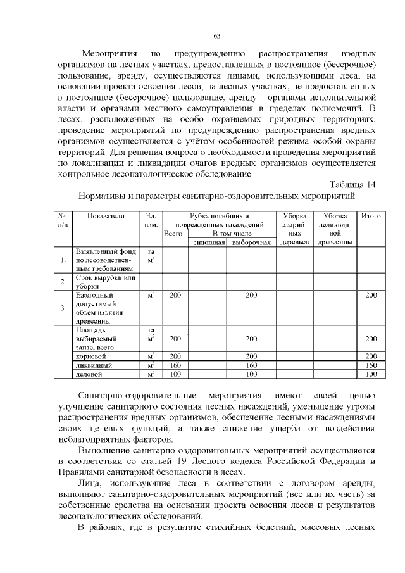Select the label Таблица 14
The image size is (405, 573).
[x=353, y=184]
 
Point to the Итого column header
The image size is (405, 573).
[x=371, y=217]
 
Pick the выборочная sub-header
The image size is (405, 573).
[x=251, y=242]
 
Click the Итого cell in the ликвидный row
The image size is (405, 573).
[x=371, y=365]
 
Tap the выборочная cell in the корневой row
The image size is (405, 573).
[x=251, y=356]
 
